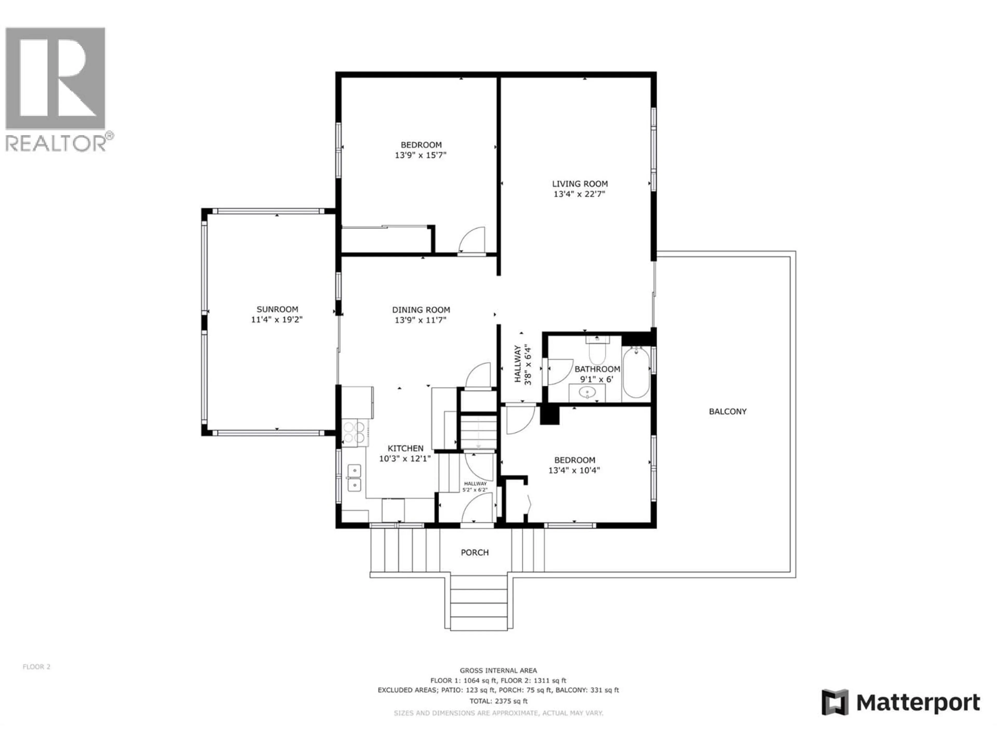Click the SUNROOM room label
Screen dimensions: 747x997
(x=277, y=309)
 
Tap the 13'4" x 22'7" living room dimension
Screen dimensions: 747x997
(x=579, y=194)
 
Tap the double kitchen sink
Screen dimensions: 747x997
(x=354, y=478)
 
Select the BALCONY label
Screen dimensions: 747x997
(x=727, y=411)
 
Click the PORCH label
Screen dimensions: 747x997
(x=475, y=552)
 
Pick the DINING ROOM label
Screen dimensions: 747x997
(x=421, y=310)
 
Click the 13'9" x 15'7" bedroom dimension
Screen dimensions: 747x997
(x=421, y=155)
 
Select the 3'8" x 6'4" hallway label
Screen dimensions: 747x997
(x=523, y=365)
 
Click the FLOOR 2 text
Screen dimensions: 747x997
(x=37, y=667)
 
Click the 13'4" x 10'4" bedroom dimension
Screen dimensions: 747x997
(x=574, y=471)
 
